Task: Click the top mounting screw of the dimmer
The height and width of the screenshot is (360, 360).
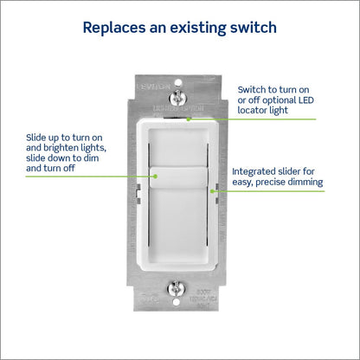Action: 179,90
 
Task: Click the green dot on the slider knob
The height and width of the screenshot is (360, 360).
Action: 156,176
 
